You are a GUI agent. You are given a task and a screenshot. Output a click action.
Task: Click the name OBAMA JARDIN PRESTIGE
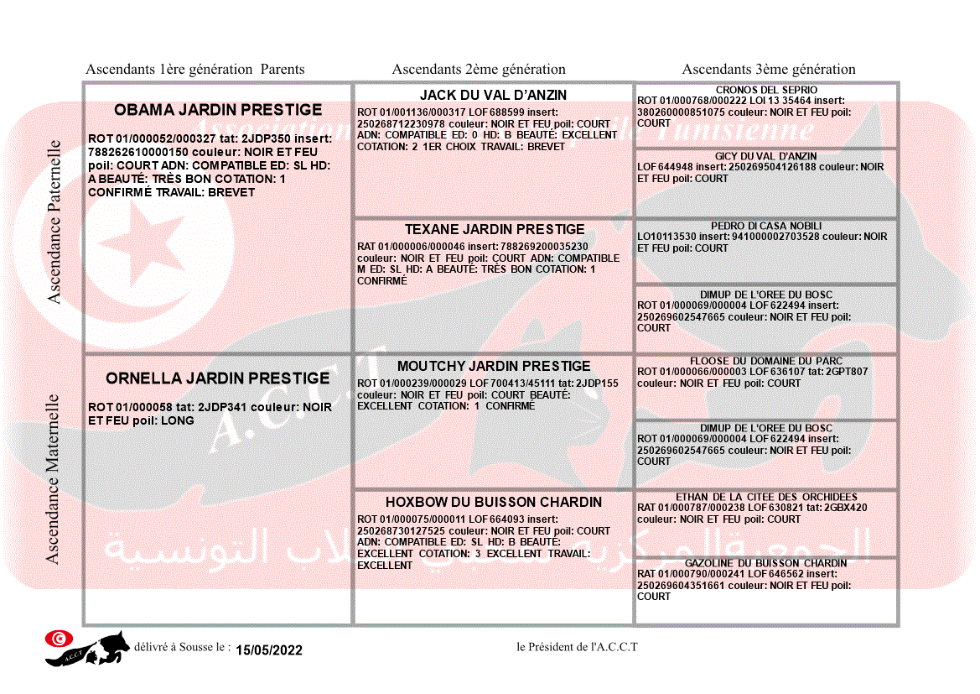[x=218, y=110]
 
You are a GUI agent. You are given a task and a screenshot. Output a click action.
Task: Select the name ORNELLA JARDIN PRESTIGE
[x=218, y=378]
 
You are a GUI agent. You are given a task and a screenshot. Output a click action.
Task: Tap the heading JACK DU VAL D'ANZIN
[x=493, y=96]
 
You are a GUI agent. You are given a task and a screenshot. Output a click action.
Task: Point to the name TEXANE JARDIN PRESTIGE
[x=495, y=229]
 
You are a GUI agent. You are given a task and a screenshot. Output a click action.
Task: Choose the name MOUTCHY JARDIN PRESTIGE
[x=494, y=367]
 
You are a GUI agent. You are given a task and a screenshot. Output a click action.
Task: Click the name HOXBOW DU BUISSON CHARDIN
[x=494, y=503]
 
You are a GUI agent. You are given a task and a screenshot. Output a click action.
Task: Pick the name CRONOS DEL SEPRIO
[x=766, y=91]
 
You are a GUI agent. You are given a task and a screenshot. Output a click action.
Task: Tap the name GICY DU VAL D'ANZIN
[x=766, y=156]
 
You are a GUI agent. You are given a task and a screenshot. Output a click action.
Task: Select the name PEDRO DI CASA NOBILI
[x=766, y=227]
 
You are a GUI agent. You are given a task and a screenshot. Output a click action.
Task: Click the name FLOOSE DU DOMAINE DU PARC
[x=766, y=361]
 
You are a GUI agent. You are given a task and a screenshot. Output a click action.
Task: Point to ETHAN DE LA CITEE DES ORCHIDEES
[x=766, y=497]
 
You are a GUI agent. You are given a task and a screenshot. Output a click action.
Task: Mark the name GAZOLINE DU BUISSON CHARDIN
[x=766, y=563]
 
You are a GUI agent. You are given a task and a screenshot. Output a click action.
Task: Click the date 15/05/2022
[x=269, y=650]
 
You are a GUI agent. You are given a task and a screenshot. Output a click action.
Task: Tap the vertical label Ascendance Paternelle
[x=54, y=222]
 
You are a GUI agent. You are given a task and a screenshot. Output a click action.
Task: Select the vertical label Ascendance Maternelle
[x=53, y=479]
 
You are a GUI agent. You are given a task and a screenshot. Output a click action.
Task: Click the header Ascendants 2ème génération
[x=479, y=70]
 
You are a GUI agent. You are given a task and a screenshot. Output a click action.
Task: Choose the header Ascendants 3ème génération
[x=769, y=70]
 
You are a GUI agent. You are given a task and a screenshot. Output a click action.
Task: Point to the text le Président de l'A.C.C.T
[x=578, y=647]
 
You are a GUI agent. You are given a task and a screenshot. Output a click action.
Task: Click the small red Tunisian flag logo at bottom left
[x=57, y=639]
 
